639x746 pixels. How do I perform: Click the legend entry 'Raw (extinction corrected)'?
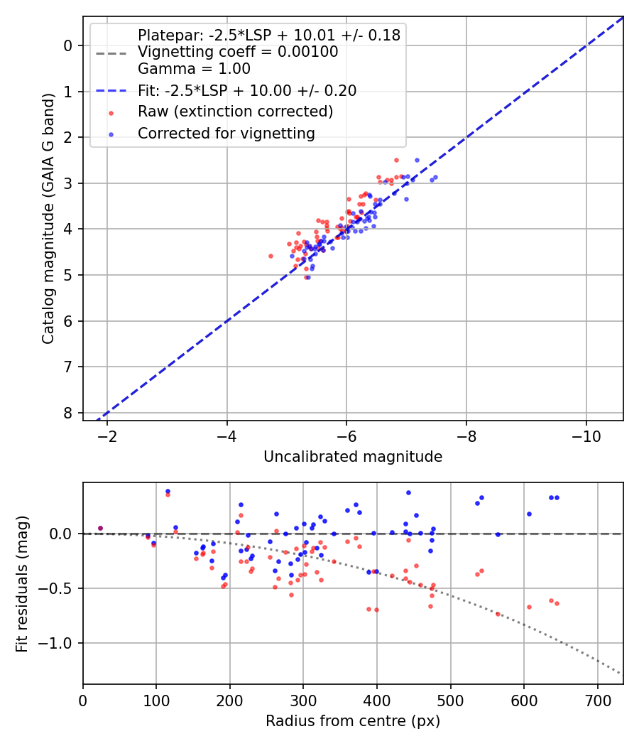point(235,112)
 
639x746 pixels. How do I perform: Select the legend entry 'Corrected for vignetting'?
point(226,133)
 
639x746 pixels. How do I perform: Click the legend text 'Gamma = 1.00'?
point(194,69)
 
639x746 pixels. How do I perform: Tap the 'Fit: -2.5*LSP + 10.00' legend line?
point(247,90)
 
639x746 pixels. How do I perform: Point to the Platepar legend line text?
point(269,35)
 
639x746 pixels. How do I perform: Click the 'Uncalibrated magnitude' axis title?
point(353,457)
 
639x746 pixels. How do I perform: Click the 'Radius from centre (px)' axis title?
point(353,721)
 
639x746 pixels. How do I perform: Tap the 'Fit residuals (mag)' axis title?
point(22,584)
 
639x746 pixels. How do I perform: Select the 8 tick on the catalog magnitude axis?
point(69,413)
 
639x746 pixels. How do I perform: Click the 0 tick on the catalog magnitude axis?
point(69,45)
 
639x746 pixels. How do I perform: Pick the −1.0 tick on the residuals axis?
point(60,643)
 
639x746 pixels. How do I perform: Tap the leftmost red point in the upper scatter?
point(271,256)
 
